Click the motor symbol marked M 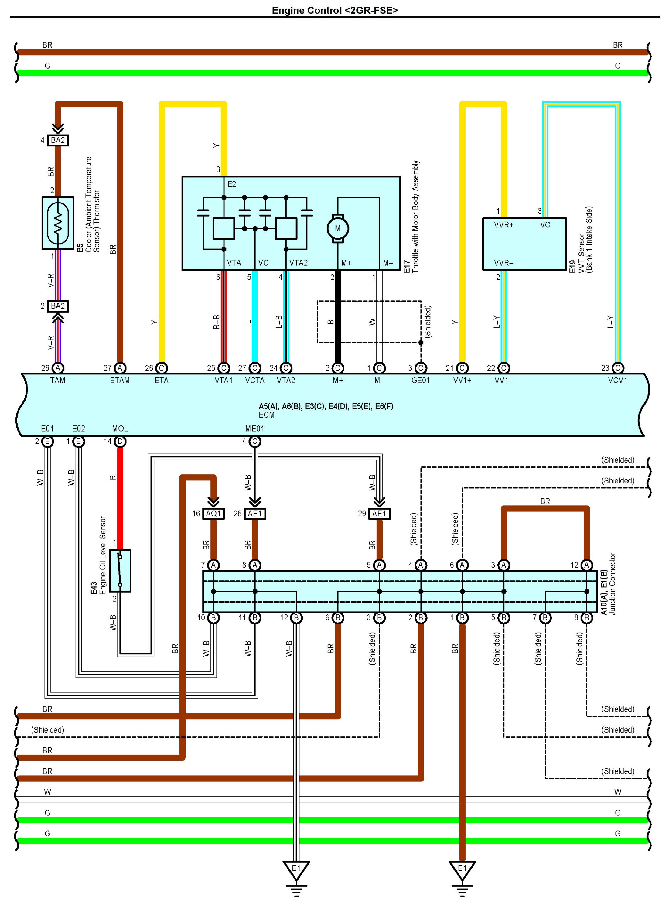(338, 228)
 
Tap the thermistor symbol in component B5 (58, 223)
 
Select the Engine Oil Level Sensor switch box (120, 570)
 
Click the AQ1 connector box (213, 514)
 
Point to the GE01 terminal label (421, 380)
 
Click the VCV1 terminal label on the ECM (618, 380)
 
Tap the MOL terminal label (120, 429)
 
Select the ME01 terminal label (255, 429)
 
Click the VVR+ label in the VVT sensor (503, 225)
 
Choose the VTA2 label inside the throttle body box (299, 263)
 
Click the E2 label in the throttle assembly (232, 184)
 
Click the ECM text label (266, 415)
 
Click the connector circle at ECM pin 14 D (120, 442)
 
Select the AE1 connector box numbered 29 (380, 514)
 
